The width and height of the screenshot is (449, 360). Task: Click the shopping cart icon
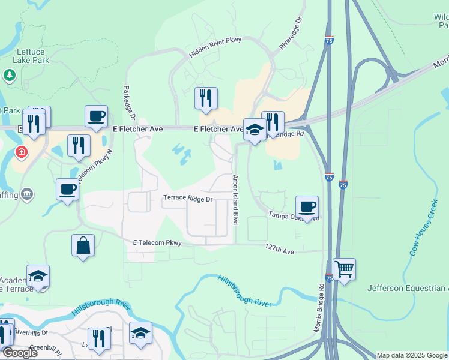click(x=344, y=269)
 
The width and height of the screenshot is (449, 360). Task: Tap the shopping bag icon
click(x=83, y=245)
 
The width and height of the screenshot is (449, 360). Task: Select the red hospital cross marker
click(x=22, y=152)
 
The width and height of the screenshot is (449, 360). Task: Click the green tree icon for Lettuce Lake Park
click(x=9, y=75)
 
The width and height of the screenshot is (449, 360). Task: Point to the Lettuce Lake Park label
click(x=31, y=56)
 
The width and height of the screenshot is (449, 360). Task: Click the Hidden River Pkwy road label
click(x=215, y=48)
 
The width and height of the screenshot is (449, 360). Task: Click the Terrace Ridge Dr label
click(x=188, y=198)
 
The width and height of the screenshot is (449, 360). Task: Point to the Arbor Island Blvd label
click(x=235, y=199)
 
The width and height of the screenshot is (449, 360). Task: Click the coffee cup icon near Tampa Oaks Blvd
click(x=307, y=207)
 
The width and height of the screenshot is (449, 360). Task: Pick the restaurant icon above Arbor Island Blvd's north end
click(x=206, y=98)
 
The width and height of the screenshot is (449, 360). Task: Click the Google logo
click(x=20, y=353)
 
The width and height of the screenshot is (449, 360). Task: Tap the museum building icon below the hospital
click(x=26, y=194)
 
